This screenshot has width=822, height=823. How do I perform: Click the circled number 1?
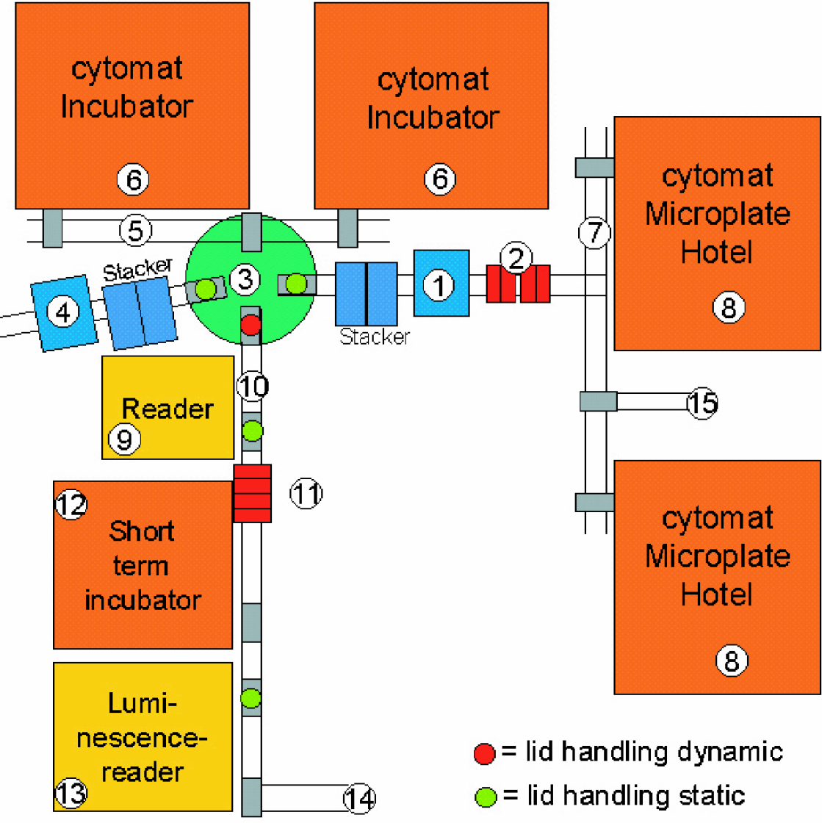click(439, 286)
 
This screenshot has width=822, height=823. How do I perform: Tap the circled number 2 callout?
click(516, 258)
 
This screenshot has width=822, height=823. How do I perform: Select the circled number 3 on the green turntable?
click(245, 278)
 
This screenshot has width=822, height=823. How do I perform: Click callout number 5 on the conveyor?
click(135, 231)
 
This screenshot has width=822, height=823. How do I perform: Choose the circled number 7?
click(594, 232)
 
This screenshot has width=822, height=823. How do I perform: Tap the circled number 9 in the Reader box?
click(124, 439)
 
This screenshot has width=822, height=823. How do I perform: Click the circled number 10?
click(253, 387)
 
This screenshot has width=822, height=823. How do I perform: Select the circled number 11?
click(306, 493)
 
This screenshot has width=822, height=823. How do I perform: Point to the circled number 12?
click(71, 504)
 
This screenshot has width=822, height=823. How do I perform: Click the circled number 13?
click(71, 793)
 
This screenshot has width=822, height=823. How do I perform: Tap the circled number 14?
click(360, 798)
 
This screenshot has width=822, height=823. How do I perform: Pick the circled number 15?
click(702, 403)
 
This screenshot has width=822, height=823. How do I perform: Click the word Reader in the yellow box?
click(168, 409)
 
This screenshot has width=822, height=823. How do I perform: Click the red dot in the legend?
click(484, 753)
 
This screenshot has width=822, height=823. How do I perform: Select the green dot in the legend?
click(486, 797)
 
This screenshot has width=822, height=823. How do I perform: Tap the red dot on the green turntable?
click(250, 324)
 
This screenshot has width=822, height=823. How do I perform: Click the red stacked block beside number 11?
click(252, 493)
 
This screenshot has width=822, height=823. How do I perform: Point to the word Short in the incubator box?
click(142, 531)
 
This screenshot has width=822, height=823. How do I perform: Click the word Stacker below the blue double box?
click(375, 337)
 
